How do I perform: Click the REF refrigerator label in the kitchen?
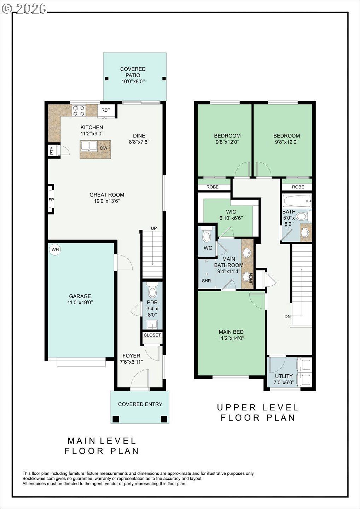click(105, 110)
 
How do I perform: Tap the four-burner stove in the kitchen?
click(79, 111)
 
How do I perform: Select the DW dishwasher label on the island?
click(104, 148)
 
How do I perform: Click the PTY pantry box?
click(52, 151)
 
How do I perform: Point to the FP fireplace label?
click(51, 200)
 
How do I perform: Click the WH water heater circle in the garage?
click(55, 250)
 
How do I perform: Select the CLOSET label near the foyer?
click(152, 335)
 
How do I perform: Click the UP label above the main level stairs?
click(154, 228)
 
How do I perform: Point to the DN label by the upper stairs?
click(288, 316)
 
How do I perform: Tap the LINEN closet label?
click(251, 279)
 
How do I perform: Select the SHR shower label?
click(207, 281)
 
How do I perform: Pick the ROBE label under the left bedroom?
click(213, 187)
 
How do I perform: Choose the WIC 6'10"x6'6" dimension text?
click(231, 218)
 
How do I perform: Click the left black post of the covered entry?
click(116, 419)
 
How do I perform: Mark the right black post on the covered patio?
click(164, 79)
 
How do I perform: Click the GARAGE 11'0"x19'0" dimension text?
click(80, 303)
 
